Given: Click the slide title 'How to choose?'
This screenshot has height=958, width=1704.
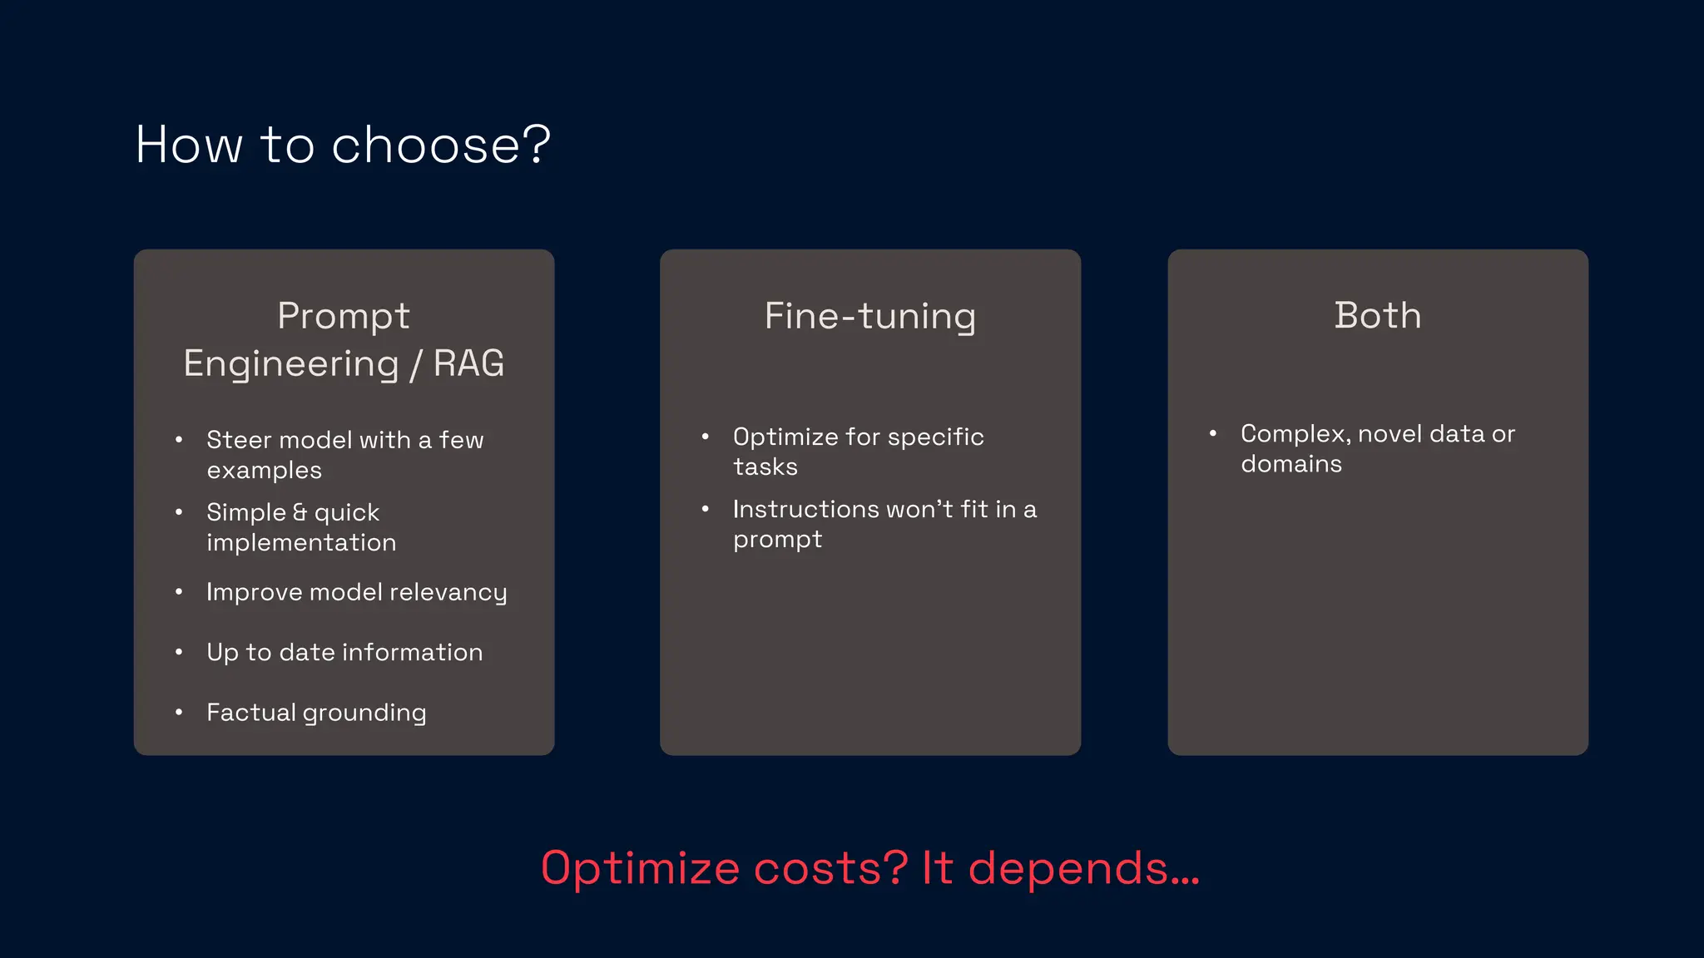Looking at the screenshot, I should pyautogui.click(x=343, y=145).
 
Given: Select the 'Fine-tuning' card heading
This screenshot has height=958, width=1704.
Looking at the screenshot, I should pyautogui.click(x=869, y=317).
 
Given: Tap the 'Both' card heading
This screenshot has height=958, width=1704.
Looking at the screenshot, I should pyautogui.click(x=1378, y=315).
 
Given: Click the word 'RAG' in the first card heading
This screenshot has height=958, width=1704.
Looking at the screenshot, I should pyautogui.click(x=468, y=363).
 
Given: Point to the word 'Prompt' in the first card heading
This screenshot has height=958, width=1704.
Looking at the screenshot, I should pyautogui.click(x=344, y=316).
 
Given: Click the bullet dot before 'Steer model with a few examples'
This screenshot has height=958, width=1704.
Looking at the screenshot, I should pyautogui.click(x=179, y=440).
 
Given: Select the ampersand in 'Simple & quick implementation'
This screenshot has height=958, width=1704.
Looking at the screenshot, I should pyautogui.click(x=300, y=512).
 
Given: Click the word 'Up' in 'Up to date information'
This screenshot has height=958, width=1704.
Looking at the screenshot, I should pyautogui.click(x=222, y=653).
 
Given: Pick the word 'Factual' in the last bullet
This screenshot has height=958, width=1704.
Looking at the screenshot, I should pyautogui.click(x=250, y=713).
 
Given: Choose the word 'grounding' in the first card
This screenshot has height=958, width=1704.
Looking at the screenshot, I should pyautogui.click(x=364, y=714).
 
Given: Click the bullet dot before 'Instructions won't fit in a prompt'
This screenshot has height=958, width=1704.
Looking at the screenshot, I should pyautogui.click(x=706, y=509).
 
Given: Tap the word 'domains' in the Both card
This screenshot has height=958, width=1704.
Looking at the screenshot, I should pyautogui.click(x=1291, y=464).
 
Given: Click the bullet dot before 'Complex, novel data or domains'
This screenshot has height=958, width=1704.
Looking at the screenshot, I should pyautogui.click(x=1213, y=433).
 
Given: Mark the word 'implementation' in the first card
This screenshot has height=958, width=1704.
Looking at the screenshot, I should pyautogui.click(x=301, y=543).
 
